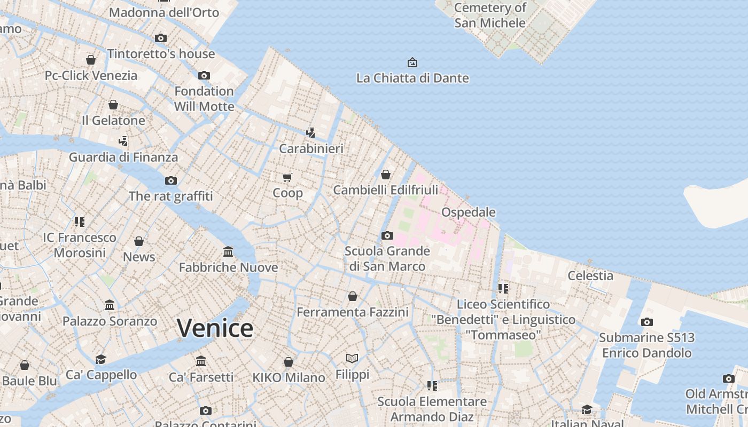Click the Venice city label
click(x=215, y=328)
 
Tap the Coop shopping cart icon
click(x=287, y=177)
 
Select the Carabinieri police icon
click(x=310, y=132)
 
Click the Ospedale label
click(x=468, y=212)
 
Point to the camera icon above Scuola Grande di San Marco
click(x=387, y=235)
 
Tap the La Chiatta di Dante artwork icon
click(x=412, y=62)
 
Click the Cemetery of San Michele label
click(x=490, y=15)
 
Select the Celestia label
click(x=590, y=275)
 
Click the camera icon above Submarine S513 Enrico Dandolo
click(x=647, y=322)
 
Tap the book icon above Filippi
click(x=352, y=358)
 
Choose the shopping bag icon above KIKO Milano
click(x=289, y=362)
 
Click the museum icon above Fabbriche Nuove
click(x=228, y=251)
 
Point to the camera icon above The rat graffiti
click(x=171, y=180)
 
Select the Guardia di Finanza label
click(x=123, y=157)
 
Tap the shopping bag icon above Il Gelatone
click(x=113, y=105)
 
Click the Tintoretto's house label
click(x=161, y=53)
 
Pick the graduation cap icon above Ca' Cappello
click(x=100, y=359)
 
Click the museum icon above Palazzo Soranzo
click(x=110, y=305)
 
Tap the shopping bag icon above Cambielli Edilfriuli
click(x=386, y=175)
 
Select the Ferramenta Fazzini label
click(x=353, y=312)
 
